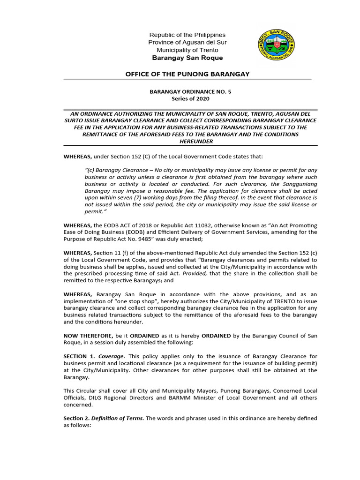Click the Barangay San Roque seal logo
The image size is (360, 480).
tap(277, 46)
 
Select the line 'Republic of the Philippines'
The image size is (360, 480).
tap(187, 35)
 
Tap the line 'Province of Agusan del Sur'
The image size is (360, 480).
tap(187, 43)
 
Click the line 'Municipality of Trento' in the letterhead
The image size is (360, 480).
tap(187, 50)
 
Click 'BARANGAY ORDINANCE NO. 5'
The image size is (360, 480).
tap(190, 92)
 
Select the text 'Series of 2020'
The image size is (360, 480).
tap(190, 99)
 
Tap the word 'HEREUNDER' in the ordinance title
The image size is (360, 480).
tap(190, 141)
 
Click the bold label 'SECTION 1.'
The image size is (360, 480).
tap(79, 356)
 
